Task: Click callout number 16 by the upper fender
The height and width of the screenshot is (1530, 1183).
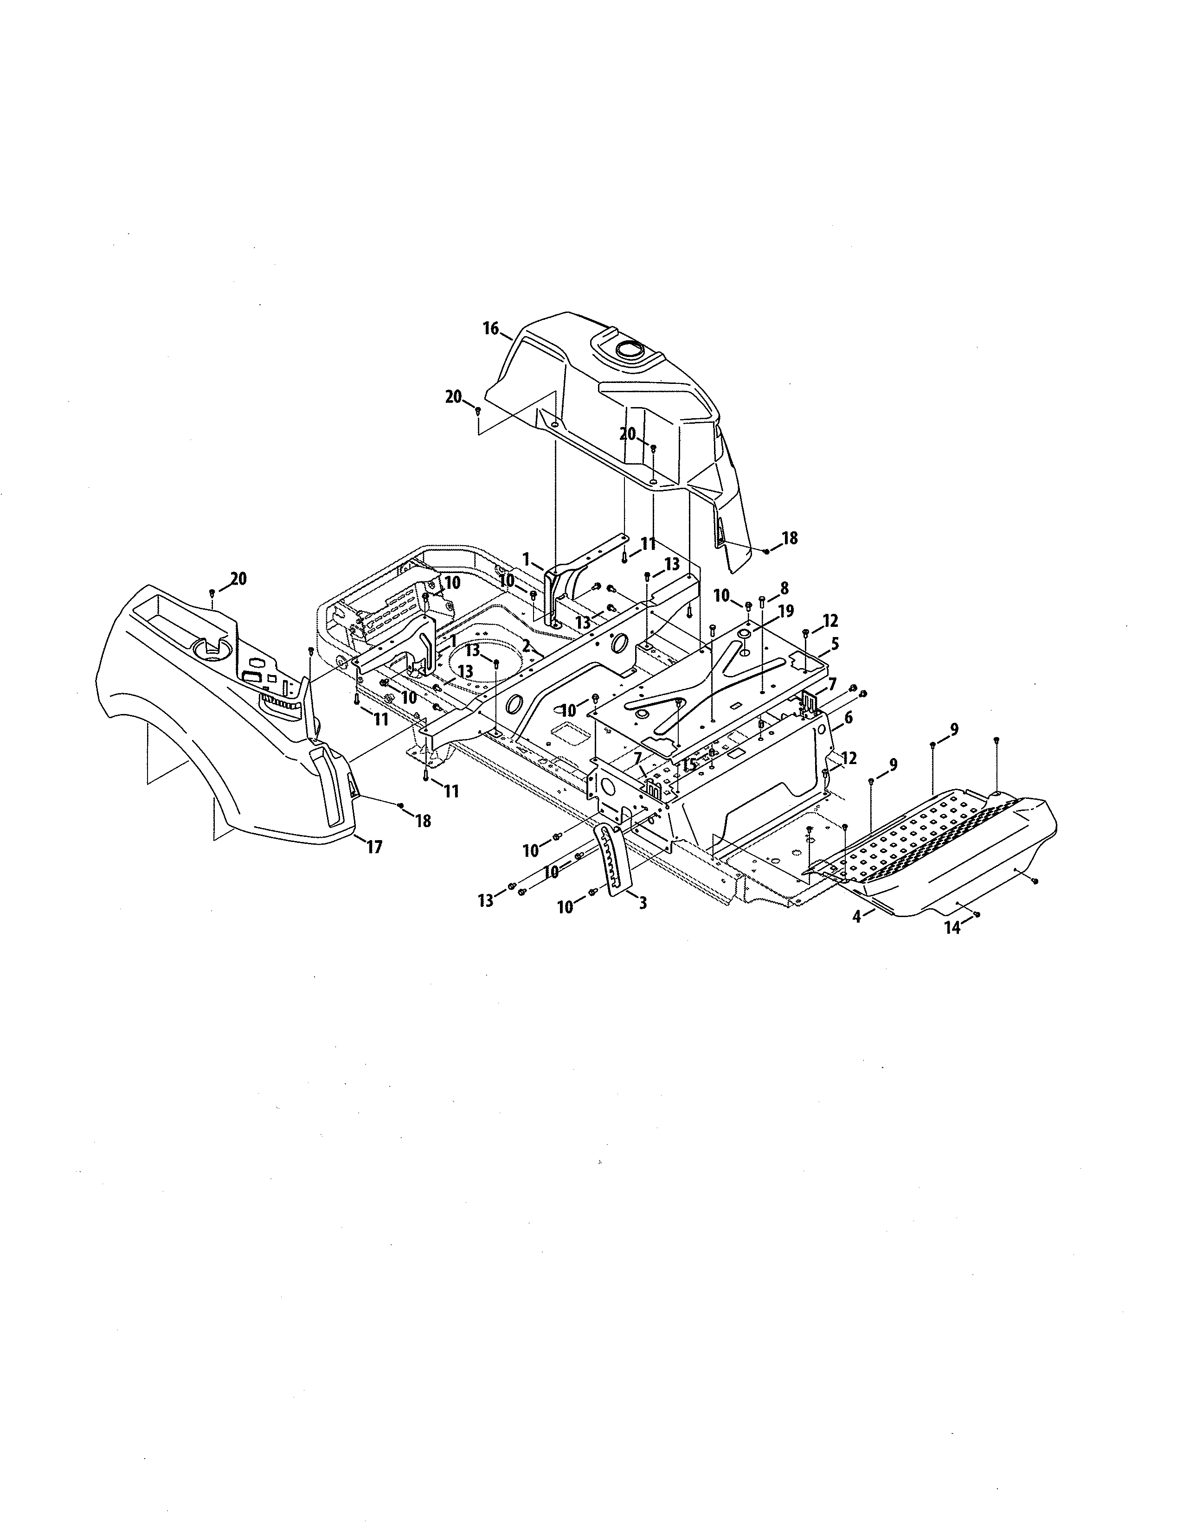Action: pos(490,328)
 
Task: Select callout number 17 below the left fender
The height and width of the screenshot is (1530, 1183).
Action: pos(374,847)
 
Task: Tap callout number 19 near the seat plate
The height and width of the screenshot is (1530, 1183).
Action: pos(785,611)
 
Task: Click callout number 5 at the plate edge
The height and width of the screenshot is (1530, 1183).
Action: pos(835,643)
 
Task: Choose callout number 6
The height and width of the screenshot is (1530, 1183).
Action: pos(848,717)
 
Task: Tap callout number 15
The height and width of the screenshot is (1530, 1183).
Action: pos(689,764)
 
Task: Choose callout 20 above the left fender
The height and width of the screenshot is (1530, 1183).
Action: pos(238,579)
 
